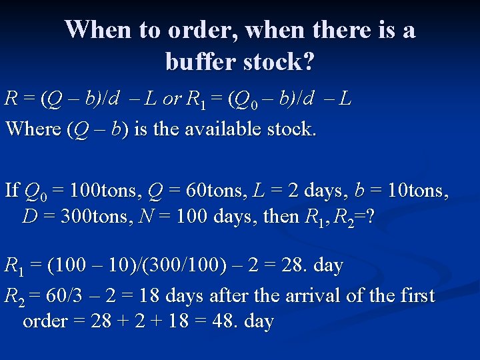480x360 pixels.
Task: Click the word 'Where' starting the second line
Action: (33, 128)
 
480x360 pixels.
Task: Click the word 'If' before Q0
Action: (11, 191)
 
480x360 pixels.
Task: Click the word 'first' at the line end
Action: (415, 295)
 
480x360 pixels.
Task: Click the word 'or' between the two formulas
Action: (171, 99)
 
